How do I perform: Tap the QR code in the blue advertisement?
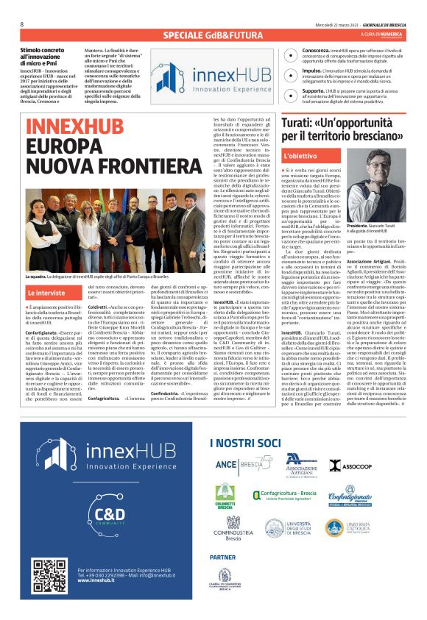(49, 575)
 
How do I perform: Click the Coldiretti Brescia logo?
(225, 496)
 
